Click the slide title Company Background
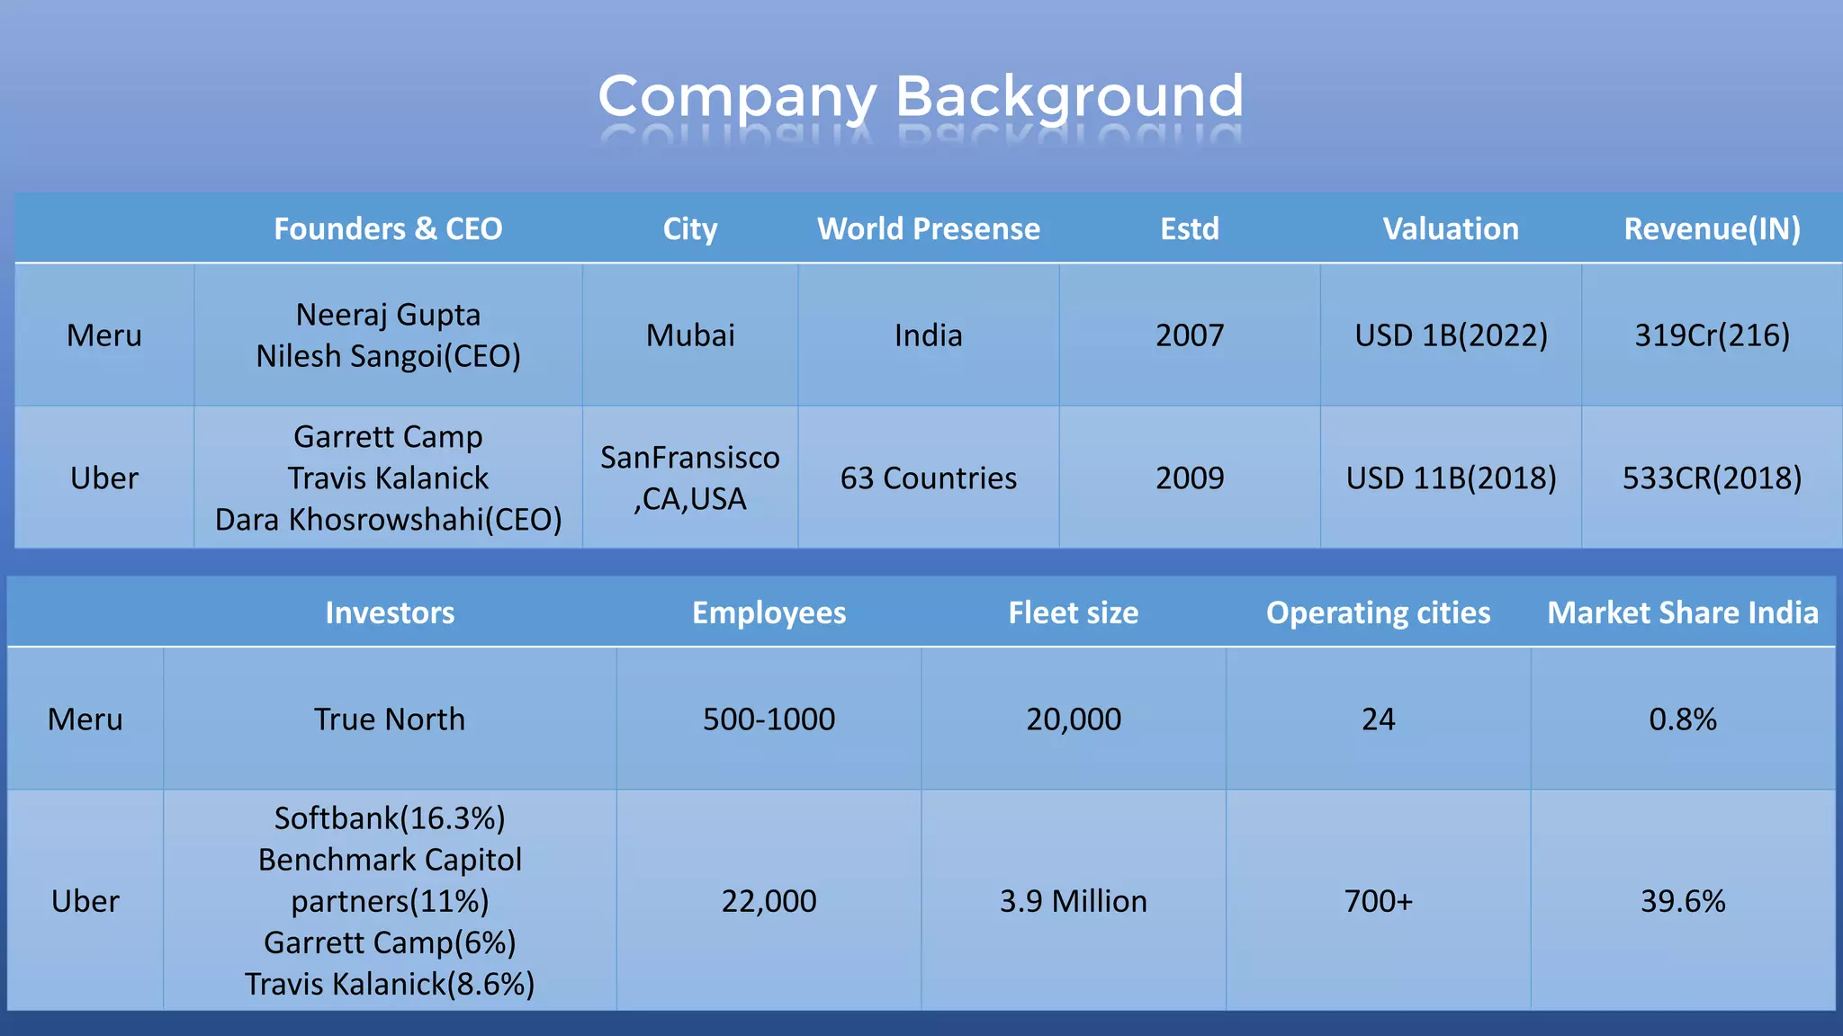pyautogui.click(x=921, y=96)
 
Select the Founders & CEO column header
pyautogui.click(x=388, y=228)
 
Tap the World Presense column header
pyautogui.click(x=928, y=228)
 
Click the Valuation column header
pyautogui.click(x=1451, y=228)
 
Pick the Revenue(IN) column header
pyautogui.click(x=1712, y=228)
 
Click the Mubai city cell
pyautogui.click(x=690, y=335)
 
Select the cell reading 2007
pyautogui.click(x=1190, y=335)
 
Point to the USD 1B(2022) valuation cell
pyautogui.click(x=1451, y=335)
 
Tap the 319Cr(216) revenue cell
pyautogui.click(x=1712, y=335)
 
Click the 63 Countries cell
pyautogui.click(x=928, y=478)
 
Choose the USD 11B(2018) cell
pyautogui.click(x=1451, y=478)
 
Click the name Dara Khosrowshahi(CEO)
pyautogui.click(x=388, y=519)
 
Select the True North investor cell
pyautogui.click(x=389, y=719)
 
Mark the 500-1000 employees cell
pyautogui.click(x=769, y=719)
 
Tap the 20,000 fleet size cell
pyautogui.click(x=1074, y=719)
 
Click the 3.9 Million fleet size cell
pyautogui.click(x=1074, y=901)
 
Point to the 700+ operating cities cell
pyautogui.click(x=1378, y=901)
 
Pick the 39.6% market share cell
pyautogui.click(x=1683, y=901)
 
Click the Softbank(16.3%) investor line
pyautogui.click(x=389, y=818)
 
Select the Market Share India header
pyautogui.click(x=1683, y=612)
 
